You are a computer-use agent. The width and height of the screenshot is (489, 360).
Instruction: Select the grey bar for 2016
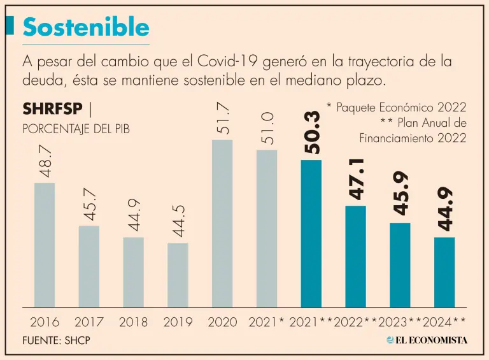(x=44, y=245)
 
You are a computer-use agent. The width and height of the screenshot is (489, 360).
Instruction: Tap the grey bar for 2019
(x=178, y=275)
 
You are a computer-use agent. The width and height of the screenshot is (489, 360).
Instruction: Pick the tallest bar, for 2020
(x=222, y=223)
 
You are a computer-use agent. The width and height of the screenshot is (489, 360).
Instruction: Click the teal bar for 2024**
(x=444, y=272)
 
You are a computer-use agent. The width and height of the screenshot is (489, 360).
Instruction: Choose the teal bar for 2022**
(x=355, y=256)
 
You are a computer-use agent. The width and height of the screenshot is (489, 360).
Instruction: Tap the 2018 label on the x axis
(x=134, y=322)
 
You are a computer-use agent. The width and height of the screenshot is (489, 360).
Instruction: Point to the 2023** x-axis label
(x=399, y=322)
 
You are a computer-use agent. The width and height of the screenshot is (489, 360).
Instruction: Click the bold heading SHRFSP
(x=52, y=110)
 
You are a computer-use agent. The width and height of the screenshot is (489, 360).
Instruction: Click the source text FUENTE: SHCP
(x=56, y=340)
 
